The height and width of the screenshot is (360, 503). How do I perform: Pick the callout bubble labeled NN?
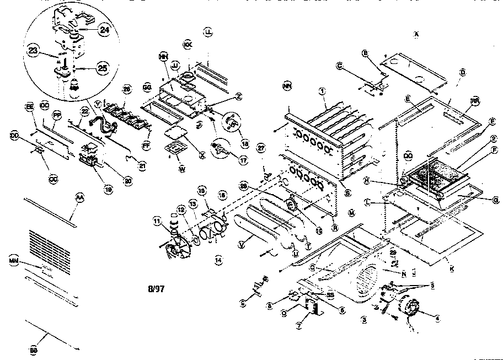point(286,86)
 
